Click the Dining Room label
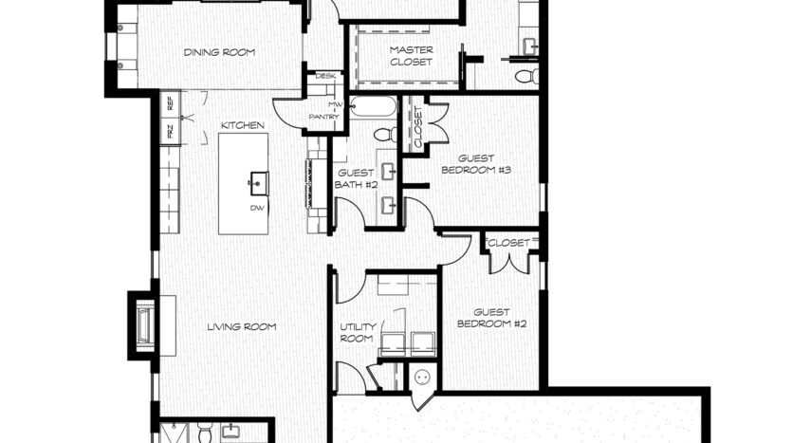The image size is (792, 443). click(219, 52)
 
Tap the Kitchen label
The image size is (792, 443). click(243, 125)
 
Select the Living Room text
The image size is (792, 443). click(242, 327)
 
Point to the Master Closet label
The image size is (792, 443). click(411, 56)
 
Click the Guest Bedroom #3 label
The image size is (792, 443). click(476, 164)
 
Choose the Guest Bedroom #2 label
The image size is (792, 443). click(491, 318)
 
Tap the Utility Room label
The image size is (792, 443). click(358, 333)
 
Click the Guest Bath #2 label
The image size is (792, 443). click(356, 179)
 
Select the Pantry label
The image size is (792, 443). click(324, 117)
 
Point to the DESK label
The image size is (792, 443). click(325, 76)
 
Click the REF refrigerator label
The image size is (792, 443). click(170, 103)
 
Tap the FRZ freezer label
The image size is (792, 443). click(170, 131)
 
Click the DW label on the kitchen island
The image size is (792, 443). click(256, 208)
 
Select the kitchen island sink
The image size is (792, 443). click(259, 183)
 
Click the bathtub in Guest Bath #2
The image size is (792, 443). click(375, 107)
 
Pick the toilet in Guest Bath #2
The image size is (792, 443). click(386, 135)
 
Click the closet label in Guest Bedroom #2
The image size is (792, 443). click(509, 243)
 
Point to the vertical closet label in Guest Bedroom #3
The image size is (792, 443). click(417, 127)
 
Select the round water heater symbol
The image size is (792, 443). click(422, 377)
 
